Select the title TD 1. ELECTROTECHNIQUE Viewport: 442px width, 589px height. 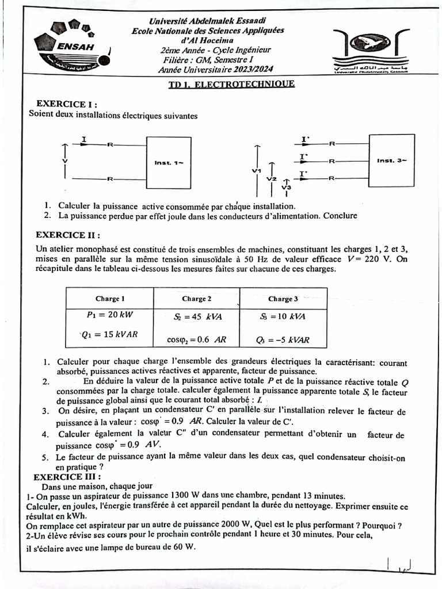[230, 84]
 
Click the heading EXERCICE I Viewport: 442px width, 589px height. [66, 104]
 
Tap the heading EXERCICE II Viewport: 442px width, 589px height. [68, 235]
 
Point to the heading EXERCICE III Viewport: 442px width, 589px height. [67, 477]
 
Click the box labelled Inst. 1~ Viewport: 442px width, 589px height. [169, 163]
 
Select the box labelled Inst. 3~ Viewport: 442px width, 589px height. [391, 160]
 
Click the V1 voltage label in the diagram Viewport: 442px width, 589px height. [257, 171]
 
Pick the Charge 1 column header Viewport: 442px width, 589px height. [110, 299]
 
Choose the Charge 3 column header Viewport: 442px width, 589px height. [283, 299]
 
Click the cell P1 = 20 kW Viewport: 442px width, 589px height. [109, 316]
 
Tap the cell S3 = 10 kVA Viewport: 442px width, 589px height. [283, 316]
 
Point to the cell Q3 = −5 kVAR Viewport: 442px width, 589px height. [283, 339]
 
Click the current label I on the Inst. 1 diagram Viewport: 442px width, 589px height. [85, 139]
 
